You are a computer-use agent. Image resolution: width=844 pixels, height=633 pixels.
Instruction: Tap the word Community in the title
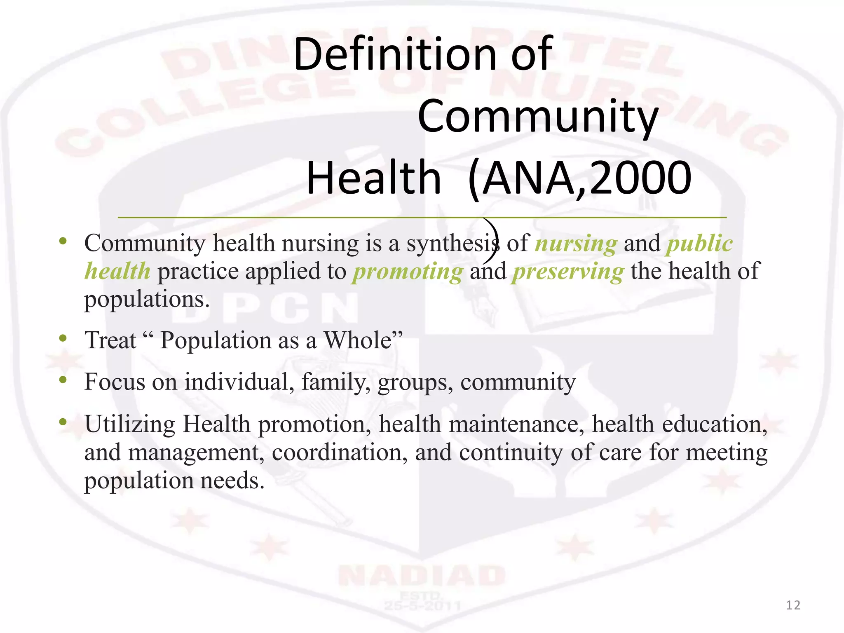click(538, 117)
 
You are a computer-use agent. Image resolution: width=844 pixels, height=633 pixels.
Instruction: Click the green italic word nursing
click(576, 244)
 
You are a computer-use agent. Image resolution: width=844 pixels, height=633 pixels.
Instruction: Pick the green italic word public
click(700, 244)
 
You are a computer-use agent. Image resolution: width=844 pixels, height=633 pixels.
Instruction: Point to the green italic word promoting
click(408, 272)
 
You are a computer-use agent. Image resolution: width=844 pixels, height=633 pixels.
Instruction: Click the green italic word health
click(118, 272)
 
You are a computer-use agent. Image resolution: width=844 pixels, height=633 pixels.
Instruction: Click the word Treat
click(110, 341)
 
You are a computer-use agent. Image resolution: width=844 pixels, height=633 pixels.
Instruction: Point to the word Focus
click(115, 382)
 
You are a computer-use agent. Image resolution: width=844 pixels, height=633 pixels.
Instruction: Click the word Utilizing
click(130, 424)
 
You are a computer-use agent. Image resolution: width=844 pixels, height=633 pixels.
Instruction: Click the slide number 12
click(793, 605)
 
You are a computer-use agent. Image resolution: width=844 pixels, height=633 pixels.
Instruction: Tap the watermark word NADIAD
click(422, 576)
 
